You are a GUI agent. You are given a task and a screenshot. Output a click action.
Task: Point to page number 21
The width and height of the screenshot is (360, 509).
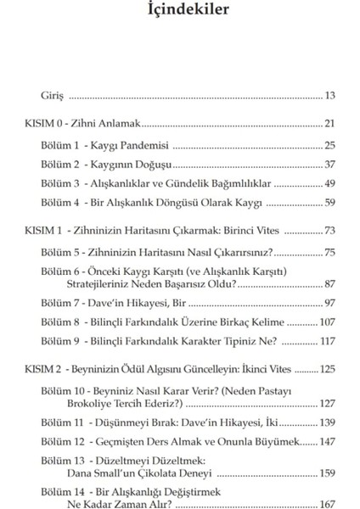[329, 124]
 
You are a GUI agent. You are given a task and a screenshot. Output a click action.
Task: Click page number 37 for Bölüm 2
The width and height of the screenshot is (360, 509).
[329, 164]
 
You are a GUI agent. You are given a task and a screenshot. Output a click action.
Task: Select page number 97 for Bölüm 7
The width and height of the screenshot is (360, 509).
[329, 303]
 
